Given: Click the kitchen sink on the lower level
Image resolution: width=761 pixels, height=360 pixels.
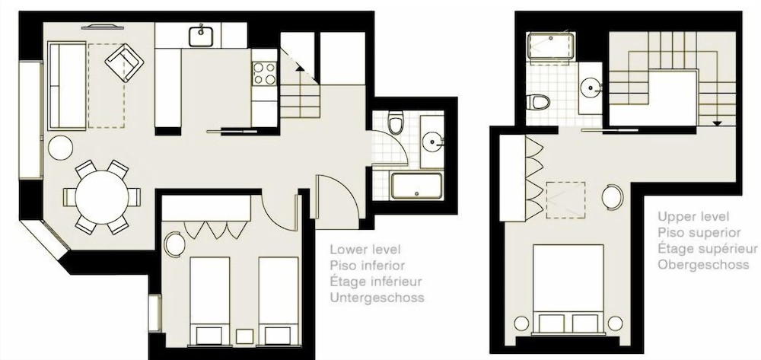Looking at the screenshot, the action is point(201,36).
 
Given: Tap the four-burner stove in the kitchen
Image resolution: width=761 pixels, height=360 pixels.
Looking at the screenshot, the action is point(265,74).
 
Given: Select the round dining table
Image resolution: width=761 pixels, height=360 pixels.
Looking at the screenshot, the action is point(102,197).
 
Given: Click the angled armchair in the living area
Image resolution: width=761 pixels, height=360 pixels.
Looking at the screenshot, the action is point(124,62).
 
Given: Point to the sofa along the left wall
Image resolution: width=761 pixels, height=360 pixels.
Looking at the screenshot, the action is point(67,86).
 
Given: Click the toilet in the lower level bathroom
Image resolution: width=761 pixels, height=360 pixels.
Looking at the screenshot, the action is point(396,123).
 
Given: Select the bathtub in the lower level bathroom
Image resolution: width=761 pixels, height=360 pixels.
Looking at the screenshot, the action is point(417,186).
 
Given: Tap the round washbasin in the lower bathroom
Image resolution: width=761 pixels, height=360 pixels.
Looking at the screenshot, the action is point(432,142).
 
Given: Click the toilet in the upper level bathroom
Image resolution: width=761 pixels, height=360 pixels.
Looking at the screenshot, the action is point(538,102).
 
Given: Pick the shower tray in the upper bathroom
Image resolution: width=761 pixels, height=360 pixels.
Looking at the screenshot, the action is point(551,46).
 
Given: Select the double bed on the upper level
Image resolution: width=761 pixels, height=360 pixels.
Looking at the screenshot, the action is point(568,290).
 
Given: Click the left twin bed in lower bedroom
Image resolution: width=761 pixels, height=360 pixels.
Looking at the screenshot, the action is point(209,301).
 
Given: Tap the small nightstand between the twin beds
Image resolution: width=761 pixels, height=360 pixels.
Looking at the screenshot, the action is point(244,336).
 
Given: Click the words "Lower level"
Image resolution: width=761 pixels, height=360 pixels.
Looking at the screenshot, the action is point(365,250).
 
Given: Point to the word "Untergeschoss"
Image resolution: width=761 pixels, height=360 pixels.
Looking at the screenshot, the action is point(377,297).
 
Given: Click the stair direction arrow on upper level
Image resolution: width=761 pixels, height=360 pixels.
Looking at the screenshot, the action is point(717,123).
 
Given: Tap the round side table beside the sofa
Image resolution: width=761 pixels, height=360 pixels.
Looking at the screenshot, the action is point(61,148).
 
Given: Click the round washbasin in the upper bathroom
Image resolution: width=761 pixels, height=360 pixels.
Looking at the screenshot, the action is point(591,88).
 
